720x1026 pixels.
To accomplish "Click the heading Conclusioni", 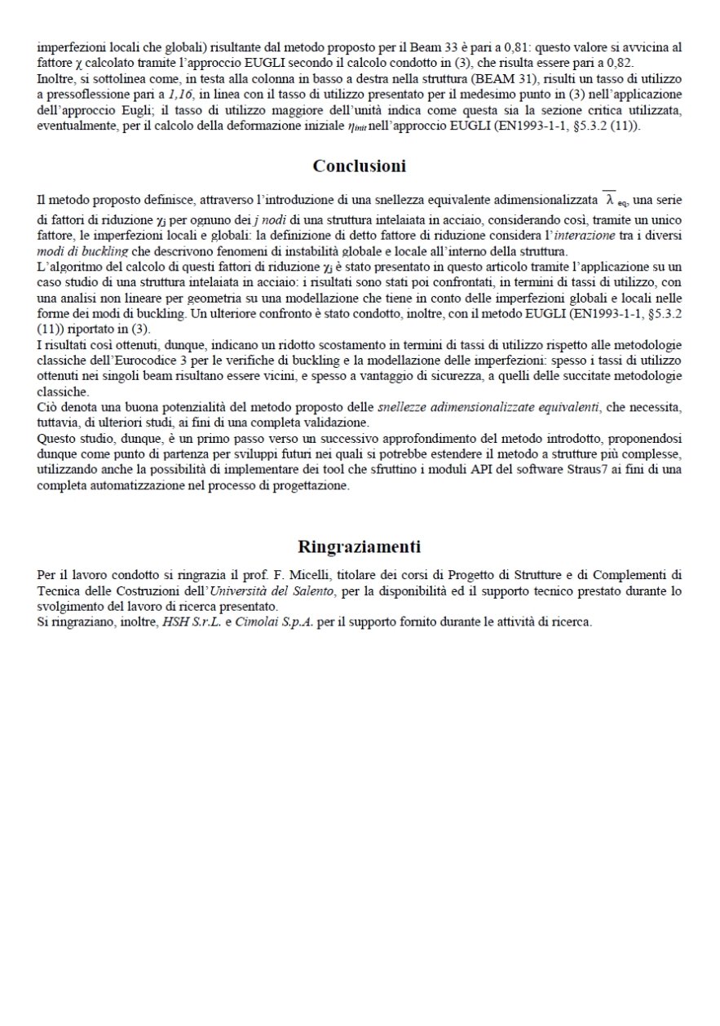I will [360, 166].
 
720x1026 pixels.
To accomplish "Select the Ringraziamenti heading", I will [360, 546].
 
